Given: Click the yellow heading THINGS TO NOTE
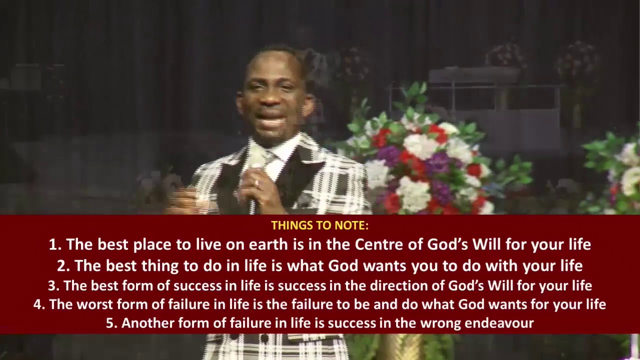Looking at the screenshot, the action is point(319,225).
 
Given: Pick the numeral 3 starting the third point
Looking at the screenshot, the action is point(51,285).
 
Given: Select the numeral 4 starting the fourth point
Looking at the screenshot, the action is point(37,304).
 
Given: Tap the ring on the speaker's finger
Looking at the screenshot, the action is point(257,183).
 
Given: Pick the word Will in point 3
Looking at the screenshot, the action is point(500,285).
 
